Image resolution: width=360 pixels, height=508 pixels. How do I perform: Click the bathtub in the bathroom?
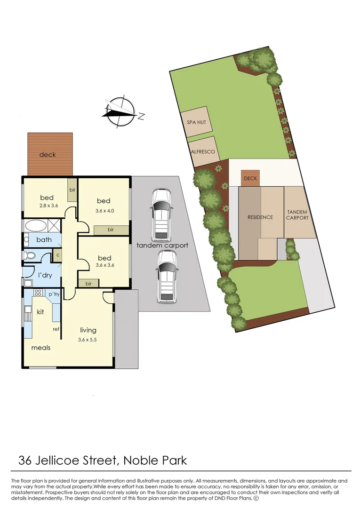pyautogui.click(x=36, y=225)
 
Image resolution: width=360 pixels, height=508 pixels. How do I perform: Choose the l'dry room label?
pyautogui.click(x=45, y=275)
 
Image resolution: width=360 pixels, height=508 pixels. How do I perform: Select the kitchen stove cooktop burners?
pyautogui.click(x=38, y=293)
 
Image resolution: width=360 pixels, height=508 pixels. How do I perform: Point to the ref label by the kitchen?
pyautogui.click(x=56, y=329)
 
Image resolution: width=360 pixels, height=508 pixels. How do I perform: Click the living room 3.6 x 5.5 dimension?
pyautogui.click(x=88, y=340)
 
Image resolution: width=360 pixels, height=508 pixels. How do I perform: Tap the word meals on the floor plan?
pyautogui.click(x=40, y=348)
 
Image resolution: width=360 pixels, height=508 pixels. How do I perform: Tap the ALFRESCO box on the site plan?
pyautogui.click(x=203, y=151)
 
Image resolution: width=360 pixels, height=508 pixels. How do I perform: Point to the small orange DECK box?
pyautogui.click(x=250, y=178)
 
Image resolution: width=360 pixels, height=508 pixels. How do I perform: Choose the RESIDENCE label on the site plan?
pyautogui.click(x=260, y=217)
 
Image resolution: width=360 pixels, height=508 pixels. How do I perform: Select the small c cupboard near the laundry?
pyautogui.click(x=57, y=255)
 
